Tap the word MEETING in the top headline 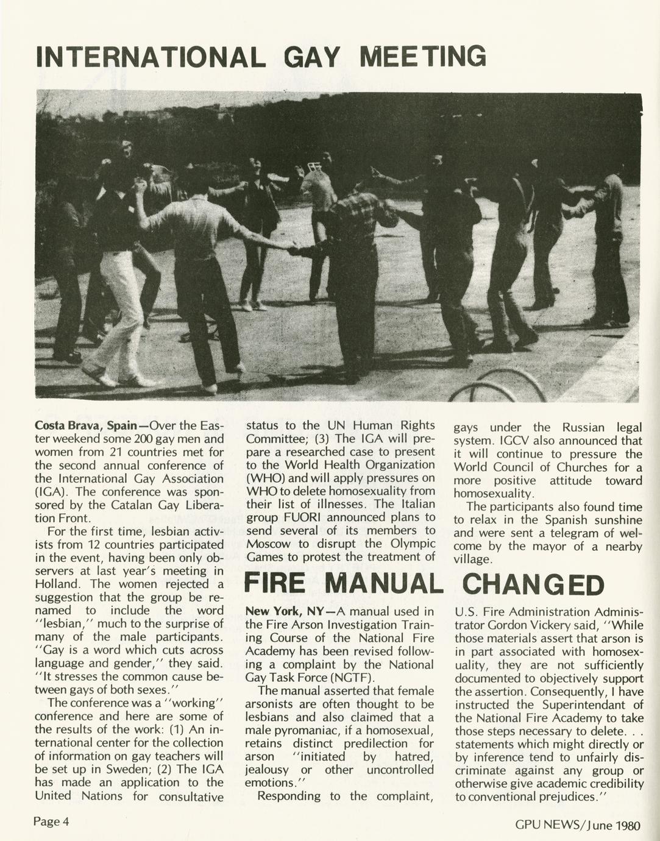[x=423, y=57]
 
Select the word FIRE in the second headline [x=275, y=584]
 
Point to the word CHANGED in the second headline [x=533, y=585]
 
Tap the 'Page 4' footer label [x=51, y=821]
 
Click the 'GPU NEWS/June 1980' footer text [x=578, y=826]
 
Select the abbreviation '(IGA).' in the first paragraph [x=51, y=492]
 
